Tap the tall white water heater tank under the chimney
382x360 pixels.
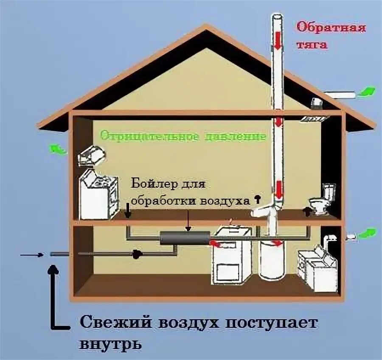pyautogui.click(x=272, y=259)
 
